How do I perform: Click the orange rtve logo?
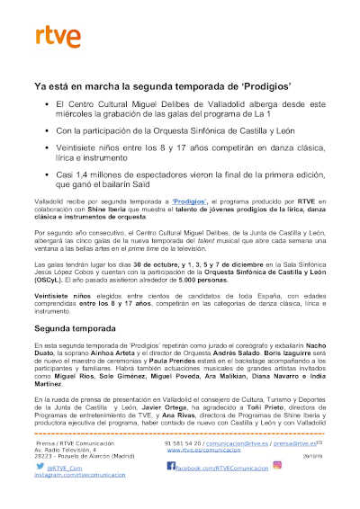58,36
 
